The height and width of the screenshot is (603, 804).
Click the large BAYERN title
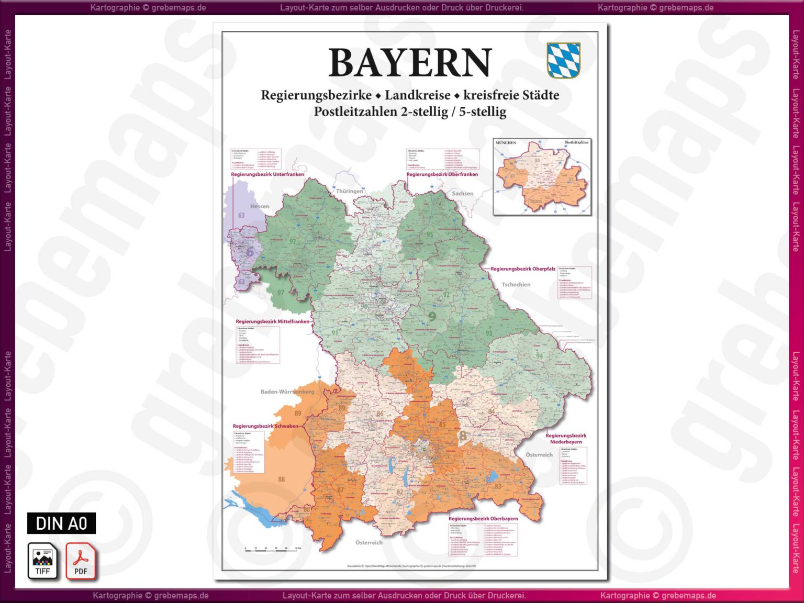(410, 63)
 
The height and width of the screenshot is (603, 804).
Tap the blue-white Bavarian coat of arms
(563, 60)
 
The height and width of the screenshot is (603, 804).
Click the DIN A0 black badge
(61, 523)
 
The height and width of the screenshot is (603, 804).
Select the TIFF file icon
(42, 561)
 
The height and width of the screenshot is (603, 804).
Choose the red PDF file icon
(81, 561)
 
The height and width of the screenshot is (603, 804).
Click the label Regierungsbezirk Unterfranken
(267, 174)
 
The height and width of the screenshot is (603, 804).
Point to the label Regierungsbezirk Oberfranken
(442, 174)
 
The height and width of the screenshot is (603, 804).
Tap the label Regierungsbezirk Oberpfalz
(522, 269)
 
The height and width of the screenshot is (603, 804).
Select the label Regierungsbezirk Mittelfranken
(272, 321)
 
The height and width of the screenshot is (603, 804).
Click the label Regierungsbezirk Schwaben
(265, 426)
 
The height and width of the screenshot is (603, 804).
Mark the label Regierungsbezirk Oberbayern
(483, 519)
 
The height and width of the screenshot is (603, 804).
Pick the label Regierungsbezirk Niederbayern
(566, 439)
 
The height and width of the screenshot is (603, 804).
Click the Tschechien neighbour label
(516, 285)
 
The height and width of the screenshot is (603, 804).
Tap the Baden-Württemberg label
(287, 392)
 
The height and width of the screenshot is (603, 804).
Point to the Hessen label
(260, 206)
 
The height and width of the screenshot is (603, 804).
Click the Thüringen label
(349, 191)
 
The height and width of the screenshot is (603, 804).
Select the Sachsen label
(462, 194)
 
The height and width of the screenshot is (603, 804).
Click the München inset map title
(506, 142)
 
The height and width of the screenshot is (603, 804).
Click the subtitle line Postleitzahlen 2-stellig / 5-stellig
(410, 111)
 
